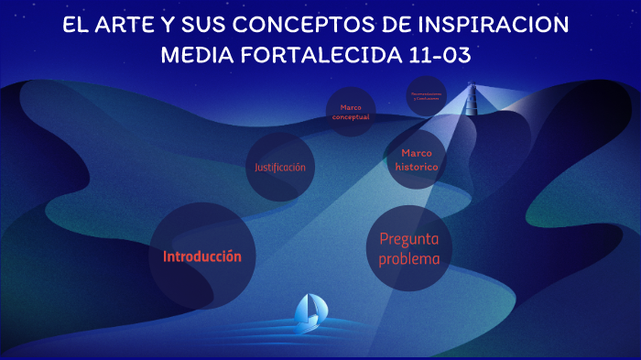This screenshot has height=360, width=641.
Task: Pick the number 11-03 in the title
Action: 439,55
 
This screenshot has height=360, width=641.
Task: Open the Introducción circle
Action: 201,256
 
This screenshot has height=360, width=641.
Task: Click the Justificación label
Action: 280,168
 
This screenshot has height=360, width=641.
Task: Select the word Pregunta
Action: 409,239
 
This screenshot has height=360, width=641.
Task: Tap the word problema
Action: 409,259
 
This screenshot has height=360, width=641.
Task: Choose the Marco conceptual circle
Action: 351,112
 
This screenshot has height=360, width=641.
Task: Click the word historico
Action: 417,168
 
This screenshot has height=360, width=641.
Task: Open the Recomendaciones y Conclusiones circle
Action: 427,96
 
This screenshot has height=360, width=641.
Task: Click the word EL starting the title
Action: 74,25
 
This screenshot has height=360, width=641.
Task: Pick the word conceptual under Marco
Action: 351,117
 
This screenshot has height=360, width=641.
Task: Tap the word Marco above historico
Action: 417,153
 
